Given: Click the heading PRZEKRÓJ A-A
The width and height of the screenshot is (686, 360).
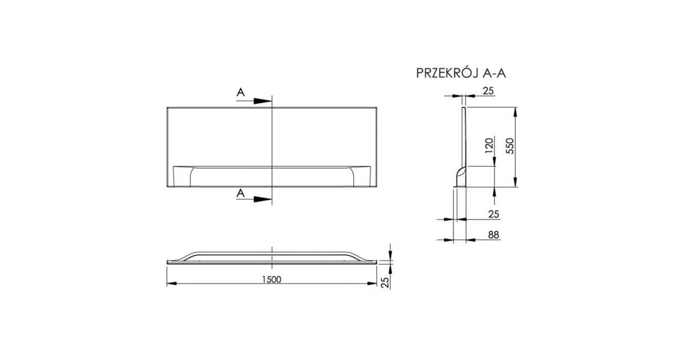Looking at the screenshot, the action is (461, 73).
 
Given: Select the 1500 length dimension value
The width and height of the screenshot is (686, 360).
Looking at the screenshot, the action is (272, 279).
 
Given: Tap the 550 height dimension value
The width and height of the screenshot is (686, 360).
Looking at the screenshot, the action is (509, 146).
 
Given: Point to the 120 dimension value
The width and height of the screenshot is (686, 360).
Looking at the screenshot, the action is (489, 146).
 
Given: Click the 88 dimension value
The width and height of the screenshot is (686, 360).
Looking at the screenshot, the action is (494, 235).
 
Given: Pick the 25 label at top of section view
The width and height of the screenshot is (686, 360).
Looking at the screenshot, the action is (488, 91).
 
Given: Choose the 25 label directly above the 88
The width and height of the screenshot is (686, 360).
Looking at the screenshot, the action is (494, 214).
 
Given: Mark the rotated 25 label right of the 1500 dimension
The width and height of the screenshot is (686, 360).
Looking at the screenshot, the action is (386, 282).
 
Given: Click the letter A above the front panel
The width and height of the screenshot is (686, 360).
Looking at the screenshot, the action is (241, 92).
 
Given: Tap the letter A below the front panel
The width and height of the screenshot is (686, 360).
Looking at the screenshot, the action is (241, 193).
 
